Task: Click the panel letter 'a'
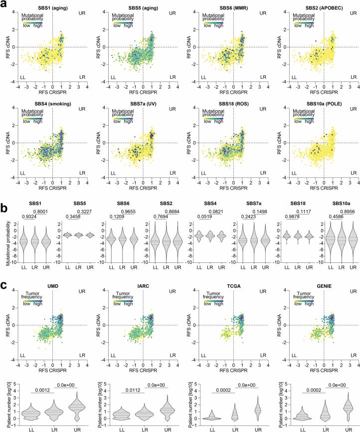tap(4, 4)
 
